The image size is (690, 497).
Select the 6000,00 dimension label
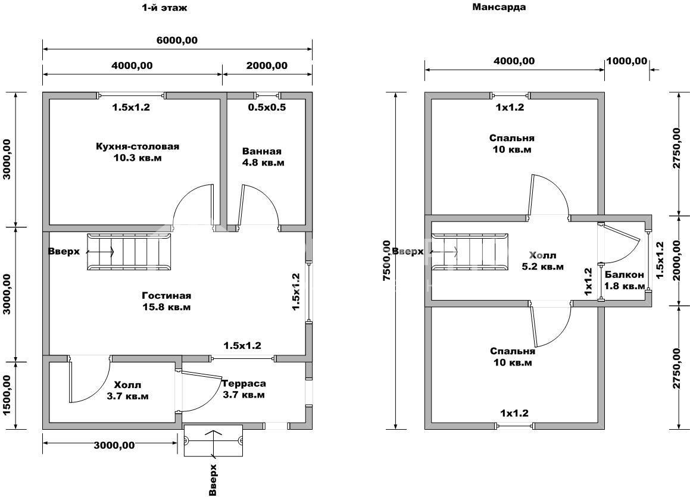[177, 40]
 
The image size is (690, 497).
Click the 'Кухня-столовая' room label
[138, 146]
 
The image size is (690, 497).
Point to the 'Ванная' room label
[262, 151]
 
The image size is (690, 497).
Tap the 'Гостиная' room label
[166, 296]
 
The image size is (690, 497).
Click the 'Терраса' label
[243, 384]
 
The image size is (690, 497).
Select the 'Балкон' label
[624, 274]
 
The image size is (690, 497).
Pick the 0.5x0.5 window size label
[267, 107]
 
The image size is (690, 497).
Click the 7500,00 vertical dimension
[388, 262]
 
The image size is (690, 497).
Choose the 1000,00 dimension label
[626, 61]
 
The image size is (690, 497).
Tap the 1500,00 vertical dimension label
[8, 395]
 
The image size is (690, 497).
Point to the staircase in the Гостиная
[129, 252]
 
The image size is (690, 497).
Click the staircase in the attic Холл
[469, 252]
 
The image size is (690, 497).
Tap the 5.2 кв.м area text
[542, 267]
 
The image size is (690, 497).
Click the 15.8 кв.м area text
[166, 307]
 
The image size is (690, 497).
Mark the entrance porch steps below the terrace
[213, 441]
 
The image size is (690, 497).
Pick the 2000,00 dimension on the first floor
[266, 65]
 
